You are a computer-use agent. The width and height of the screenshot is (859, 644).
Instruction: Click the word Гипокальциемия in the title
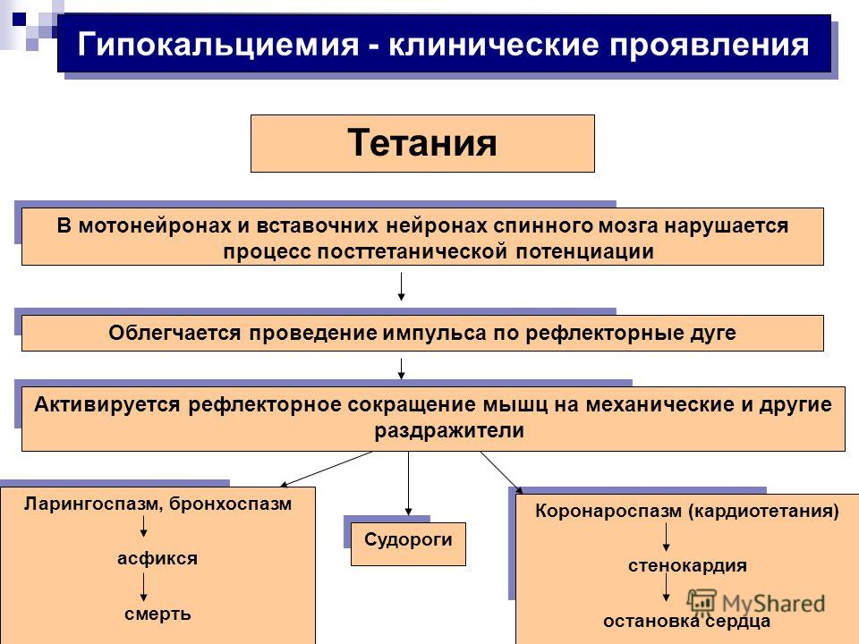(x=218, y=45)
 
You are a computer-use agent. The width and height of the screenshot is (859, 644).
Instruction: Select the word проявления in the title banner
(x=709, y=46)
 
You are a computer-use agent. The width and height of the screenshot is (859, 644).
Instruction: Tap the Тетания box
(x=422, y=143)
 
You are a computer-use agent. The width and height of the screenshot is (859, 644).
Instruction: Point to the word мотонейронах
(x=155, y=225)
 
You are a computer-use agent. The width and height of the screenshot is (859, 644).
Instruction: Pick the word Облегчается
(x=174, y=333)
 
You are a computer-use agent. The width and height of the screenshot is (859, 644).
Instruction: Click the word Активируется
(x=106, y=404)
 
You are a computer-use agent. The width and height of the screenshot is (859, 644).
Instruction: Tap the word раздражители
(x=449, y=431)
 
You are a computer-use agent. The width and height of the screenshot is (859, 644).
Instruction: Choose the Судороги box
(x=408, y=544)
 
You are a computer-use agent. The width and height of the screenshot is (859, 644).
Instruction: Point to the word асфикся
(x=157, y=558)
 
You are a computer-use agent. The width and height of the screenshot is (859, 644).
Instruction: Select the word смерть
(x=157, y=614)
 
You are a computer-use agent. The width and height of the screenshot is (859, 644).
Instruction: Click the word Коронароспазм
(x=608, y=511)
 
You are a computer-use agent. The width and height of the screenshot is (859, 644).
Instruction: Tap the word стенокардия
(x=687, y=565)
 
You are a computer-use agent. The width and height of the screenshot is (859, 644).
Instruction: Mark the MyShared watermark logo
(x=756, y=603)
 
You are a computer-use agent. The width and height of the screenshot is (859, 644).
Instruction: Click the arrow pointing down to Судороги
(x=409, y=484)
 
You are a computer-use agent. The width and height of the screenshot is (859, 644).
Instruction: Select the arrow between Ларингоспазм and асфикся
(x=143, y=526)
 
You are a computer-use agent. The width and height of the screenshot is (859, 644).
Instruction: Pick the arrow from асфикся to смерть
(x=143, y=587)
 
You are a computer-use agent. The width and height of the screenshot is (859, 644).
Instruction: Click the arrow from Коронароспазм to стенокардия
(x=666, y=538)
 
